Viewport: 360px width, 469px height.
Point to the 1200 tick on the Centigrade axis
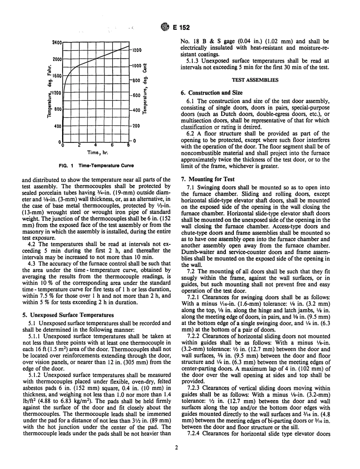136,50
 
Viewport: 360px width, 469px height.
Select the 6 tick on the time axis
113,145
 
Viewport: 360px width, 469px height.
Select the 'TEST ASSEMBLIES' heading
257,80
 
